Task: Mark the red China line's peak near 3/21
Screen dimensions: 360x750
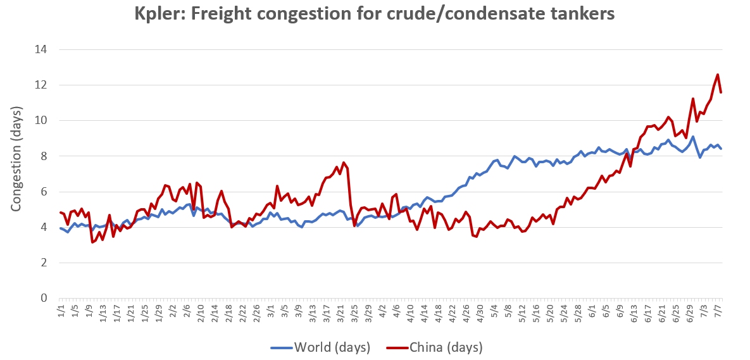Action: (344, 163)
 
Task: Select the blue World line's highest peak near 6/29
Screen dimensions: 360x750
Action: (693, 137)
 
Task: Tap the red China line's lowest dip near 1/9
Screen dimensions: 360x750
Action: (92, 242)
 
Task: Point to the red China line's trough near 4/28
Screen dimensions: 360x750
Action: (475, 237)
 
